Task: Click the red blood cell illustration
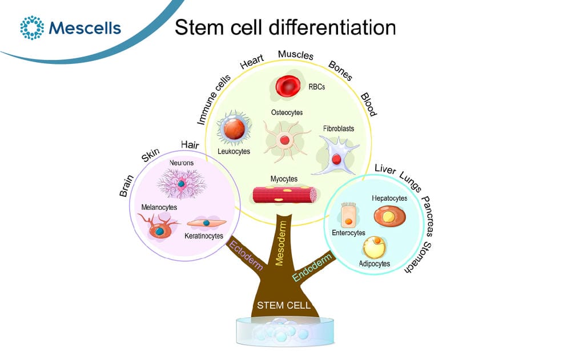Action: [x=288, y=86]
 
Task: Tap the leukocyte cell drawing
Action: [x=234, y=128]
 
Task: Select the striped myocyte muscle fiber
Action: [x=285, y=195]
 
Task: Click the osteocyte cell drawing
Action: [x=285, y=140]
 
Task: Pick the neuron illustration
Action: [x=181, y=183]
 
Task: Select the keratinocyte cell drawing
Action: [x=207, y=223]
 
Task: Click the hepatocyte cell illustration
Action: [x=389, y=216]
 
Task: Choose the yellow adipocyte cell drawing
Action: [x=374, y=248]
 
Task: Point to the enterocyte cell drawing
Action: [x=348, y=215]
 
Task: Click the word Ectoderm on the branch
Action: [x=246, y=255]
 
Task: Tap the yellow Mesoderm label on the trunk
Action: [x=281, y=243]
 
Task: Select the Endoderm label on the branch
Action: [x=312, y=267]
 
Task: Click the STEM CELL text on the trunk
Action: [x=284, y=305]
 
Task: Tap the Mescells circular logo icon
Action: [x=32, y=27]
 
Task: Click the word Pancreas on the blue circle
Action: [x=427, y=216]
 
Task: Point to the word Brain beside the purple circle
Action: [x=127, y=185]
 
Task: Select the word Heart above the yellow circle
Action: [x=252, y=62]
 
